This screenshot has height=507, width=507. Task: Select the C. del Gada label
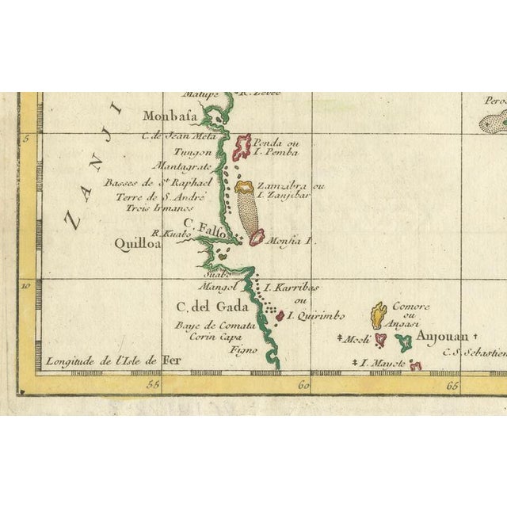[x=214, y=307]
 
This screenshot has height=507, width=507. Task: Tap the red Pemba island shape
[x=242, y=144]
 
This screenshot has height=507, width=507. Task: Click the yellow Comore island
[x=379, y=315]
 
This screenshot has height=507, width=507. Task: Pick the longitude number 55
[x=154, y=386]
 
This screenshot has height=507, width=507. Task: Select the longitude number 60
[x=303, y=386]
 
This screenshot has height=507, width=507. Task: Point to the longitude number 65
[x=453, y=386]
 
